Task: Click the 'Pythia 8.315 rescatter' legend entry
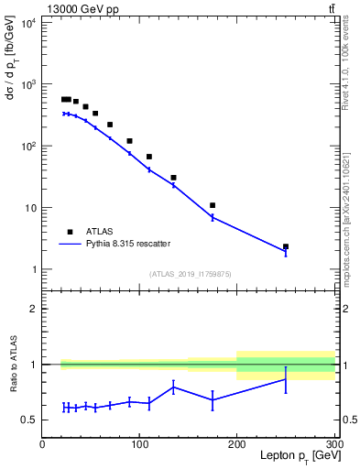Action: point(115,244)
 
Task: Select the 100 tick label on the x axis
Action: point(139,443)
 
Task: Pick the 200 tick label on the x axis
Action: point(236,443)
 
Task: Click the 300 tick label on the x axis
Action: point(333,443)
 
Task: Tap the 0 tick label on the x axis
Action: point(42,443)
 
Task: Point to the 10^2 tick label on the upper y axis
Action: point(27,146)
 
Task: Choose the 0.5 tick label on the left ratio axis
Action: point(29,420)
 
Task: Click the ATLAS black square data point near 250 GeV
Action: point(286,246)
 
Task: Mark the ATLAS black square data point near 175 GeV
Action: point(213,205)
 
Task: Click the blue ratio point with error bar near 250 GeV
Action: point(286,379)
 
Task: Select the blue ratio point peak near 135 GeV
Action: point(173,387)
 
